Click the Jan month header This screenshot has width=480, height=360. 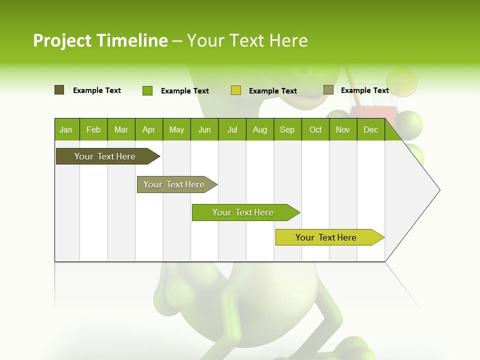(66, 129)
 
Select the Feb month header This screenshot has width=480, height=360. (93, 129)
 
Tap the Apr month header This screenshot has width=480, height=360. (149, 129)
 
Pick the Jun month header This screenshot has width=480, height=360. (204, 129)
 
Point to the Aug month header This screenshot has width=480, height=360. (260, 129)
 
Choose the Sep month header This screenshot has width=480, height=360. (287, 129)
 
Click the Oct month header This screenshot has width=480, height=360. (315, 129)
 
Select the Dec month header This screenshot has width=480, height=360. (371, 129)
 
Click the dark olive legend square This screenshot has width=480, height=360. (59, 90)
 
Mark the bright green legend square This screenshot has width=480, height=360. (147, 90)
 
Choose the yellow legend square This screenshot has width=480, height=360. (236, 90)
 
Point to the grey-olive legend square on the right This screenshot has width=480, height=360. (328, 90)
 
